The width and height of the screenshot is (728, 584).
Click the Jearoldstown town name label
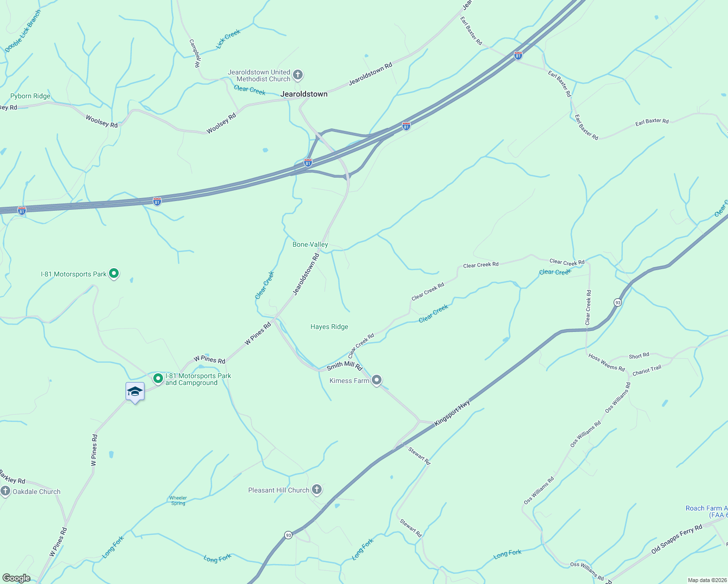(x=304, y=94)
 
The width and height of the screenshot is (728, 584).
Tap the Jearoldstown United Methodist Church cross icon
(x=298, y=75)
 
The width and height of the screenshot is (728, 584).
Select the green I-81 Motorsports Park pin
(x=114, y=274)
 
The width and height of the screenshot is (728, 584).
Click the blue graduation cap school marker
(x=135, y=392)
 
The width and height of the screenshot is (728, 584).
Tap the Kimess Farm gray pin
(x=377, y=380)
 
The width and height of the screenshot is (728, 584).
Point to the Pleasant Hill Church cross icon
(x=317, y=490)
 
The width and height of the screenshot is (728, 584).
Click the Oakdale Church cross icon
(x=5, y=491)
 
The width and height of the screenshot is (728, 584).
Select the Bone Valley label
(x=310, y=244)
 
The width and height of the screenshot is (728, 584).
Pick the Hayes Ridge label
(x=329, y=327)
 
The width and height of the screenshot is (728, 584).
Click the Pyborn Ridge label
(x=30, y=96)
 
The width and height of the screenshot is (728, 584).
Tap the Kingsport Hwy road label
(x=452, y=413)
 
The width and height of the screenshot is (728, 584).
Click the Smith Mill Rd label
(x=345, y=366)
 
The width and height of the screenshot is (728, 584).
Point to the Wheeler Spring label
(x=178, y=500)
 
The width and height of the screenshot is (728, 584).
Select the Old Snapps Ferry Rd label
(x=677, y=539)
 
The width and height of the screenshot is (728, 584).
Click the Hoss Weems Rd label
(x=606, y=363)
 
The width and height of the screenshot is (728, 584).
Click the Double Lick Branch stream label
(x=23, y=31)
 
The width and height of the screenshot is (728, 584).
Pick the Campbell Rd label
(x=195, y=53)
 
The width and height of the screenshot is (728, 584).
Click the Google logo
(x=16, y=578)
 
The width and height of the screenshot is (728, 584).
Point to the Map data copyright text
(x=707, y=580)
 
